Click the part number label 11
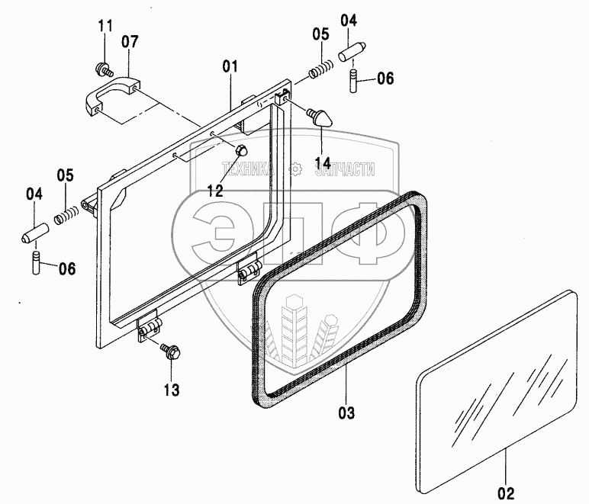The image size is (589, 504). click(x=105, y=27)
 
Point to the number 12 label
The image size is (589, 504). click(x=215, y=191)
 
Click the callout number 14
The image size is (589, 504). click(x=321, y=163)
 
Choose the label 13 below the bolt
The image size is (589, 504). click(x=171, y=390)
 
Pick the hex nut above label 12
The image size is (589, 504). click(x=238, y=150)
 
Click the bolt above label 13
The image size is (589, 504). click(x=169, y=352)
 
